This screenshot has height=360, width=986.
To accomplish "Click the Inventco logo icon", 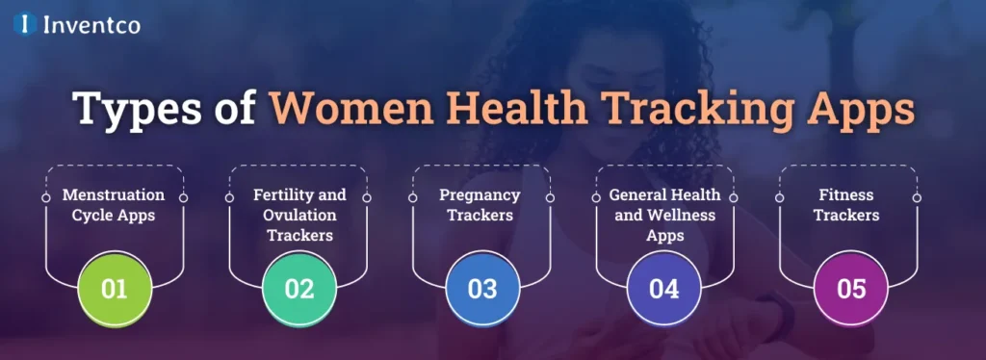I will point(24,24).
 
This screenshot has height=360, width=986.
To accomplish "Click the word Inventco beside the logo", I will point(91,24).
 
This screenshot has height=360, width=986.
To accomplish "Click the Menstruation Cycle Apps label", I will point(114,205).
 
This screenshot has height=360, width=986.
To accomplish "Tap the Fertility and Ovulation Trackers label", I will point(299,215).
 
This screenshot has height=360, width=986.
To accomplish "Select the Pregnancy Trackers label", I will point(482,205).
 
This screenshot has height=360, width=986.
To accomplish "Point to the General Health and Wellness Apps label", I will point(663,215).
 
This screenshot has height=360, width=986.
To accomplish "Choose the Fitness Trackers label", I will point(846,205).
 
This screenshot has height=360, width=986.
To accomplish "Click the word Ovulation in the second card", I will point(299,215).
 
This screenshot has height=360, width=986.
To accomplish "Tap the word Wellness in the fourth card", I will point(685,215).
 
